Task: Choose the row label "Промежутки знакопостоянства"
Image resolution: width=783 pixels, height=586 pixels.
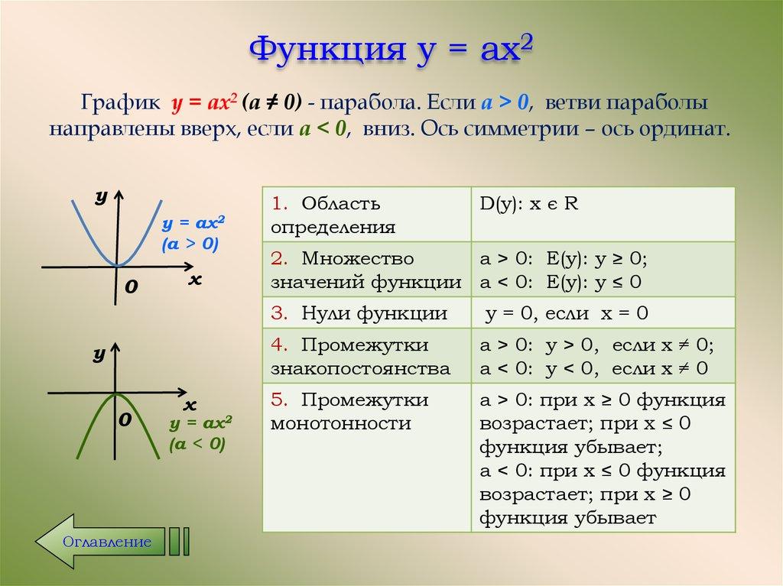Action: click(x=360, y=356)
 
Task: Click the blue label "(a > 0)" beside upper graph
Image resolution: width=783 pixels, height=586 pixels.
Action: click(x=190, y=244)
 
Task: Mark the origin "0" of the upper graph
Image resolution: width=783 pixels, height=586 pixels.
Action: click(x=132, y=287)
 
